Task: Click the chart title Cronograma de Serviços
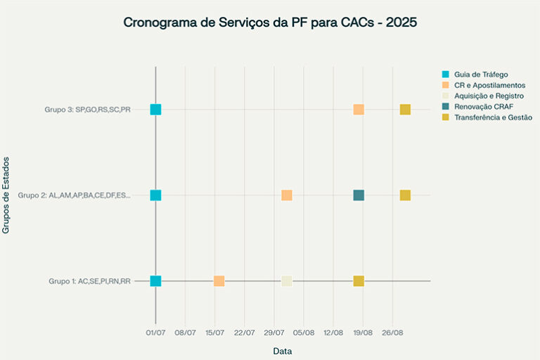[270, 22]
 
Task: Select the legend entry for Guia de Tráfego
[480, 74]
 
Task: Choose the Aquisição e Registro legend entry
[488, 96]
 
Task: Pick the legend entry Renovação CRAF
[484, 106]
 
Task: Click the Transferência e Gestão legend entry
[492, 117]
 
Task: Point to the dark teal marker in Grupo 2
[359, 195]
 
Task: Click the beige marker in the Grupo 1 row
[287, 281]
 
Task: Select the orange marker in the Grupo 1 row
[219, 281]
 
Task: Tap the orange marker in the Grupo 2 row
[287, 195]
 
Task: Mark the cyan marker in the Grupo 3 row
[155, 109]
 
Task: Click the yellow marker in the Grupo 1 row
[359, 281]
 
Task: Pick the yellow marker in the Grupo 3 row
[405, 109]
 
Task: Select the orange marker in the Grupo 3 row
[359, 109]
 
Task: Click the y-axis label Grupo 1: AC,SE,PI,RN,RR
[89, 281]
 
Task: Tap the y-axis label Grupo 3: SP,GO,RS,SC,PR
[87, 110]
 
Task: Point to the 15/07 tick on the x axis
[214, 332]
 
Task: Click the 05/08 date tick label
[304, 332]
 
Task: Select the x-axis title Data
[283, 351]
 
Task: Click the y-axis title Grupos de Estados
[7, 195]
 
